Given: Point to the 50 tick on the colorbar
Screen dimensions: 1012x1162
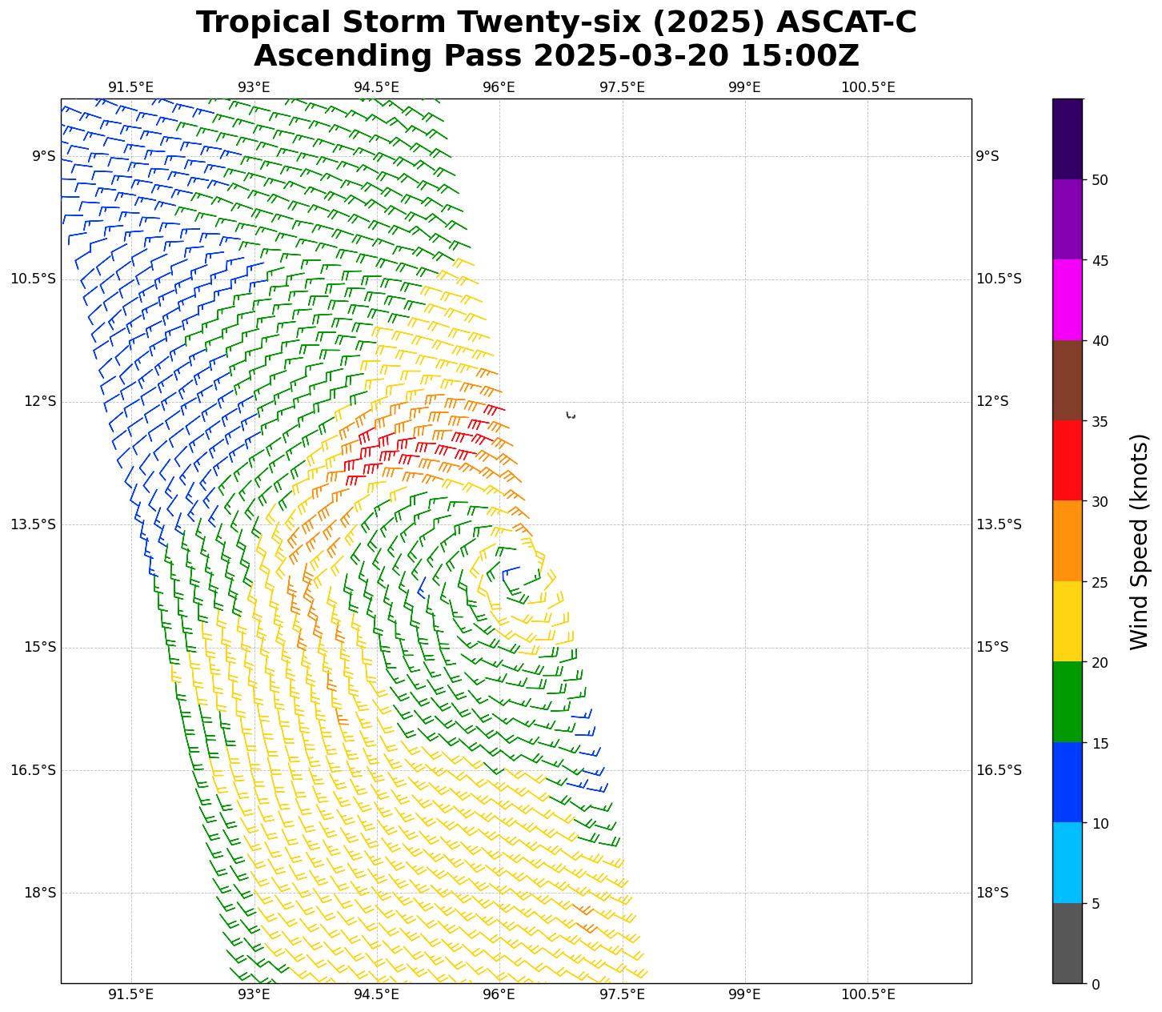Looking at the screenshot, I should point(1100,180).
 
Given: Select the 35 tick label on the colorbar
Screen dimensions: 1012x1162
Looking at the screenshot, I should point(1100,422).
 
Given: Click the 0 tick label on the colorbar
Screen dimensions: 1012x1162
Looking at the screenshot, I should point(1096,985).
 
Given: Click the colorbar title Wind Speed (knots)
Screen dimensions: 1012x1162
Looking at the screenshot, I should point(1139,542).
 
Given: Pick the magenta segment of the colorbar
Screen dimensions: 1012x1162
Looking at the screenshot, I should point(1067,299).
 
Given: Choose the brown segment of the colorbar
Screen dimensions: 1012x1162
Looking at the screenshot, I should point(1067,380).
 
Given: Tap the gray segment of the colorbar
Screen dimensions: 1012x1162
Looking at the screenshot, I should point(1067,943).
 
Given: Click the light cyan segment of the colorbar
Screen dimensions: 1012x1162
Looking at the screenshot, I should point(1067,862).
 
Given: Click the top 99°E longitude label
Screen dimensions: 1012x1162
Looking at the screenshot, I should point(744,87).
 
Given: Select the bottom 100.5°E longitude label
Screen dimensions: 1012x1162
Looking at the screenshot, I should point(867,995).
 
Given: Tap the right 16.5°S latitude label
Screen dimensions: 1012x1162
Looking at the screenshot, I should point(998,770).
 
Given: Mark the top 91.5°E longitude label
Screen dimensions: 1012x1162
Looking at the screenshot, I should point(130,87).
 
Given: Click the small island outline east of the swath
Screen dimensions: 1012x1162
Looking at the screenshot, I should point(571,415).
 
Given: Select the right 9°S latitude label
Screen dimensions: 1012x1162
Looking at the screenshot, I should point(987,156).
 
